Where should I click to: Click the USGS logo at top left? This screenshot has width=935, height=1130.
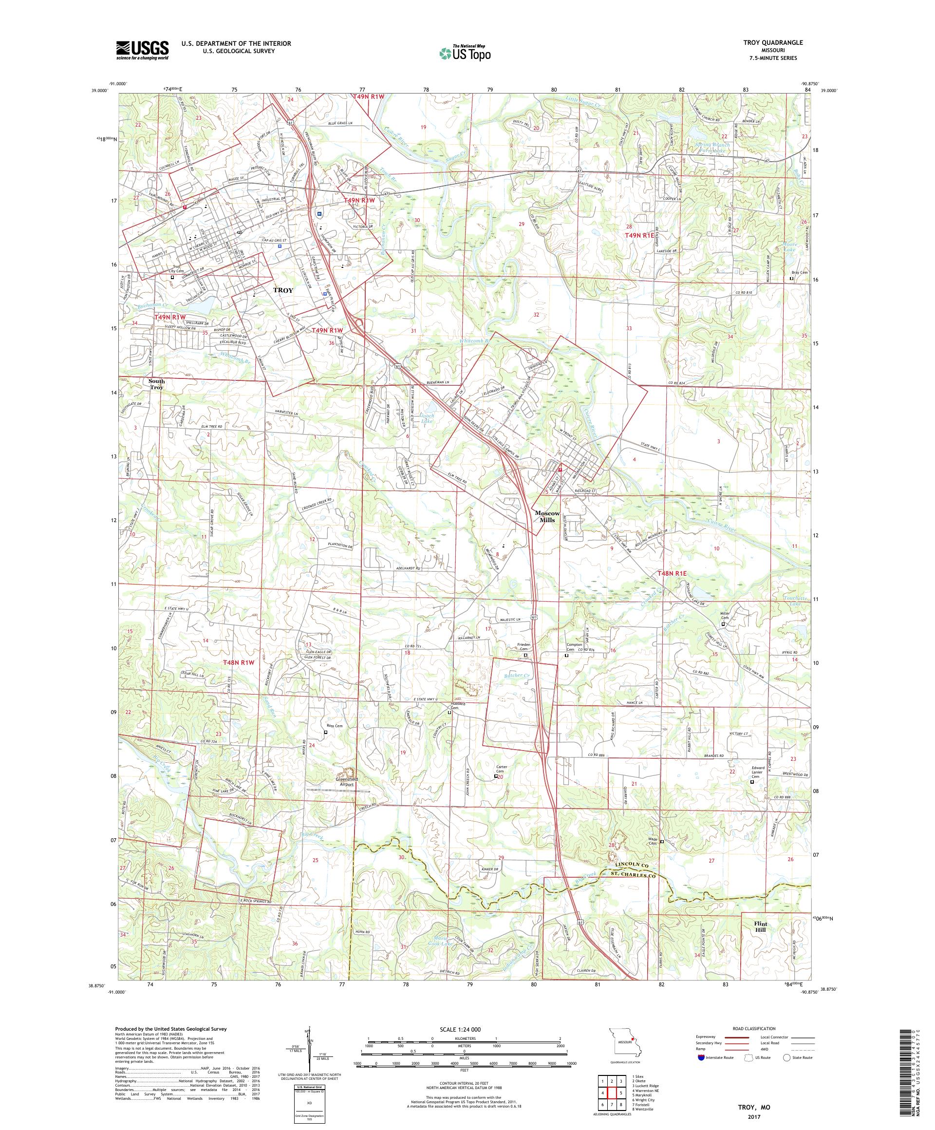[142, 51]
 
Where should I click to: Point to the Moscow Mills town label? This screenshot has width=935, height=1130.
[548, 517]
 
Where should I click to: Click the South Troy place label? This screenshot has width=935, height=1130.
[156, 384]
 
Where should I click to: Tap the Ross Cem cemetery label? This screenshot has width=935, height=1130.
[334, 725]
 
